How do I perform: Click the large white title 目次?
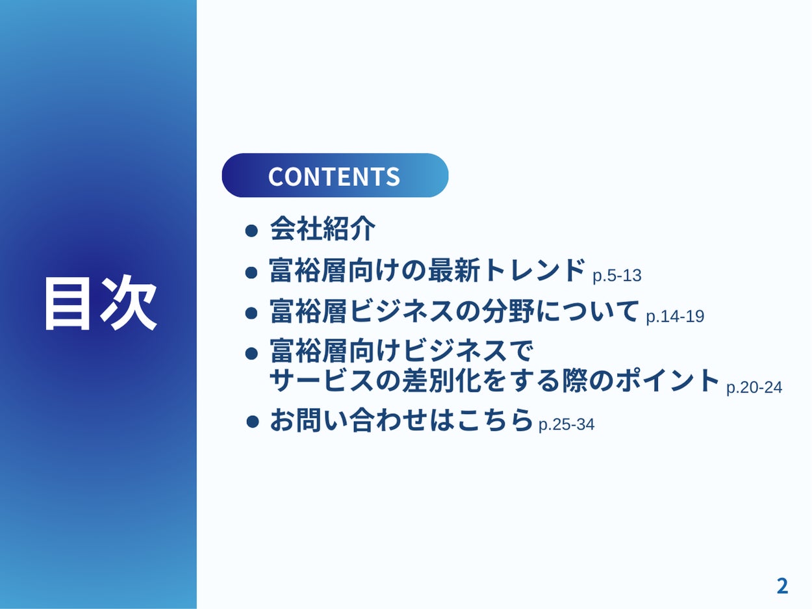click(101, 303)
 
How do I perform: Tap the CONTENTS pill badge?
click(335, 175)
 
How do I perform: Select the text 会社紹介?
click(323, 229)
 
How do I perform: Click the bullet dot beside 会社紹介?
click(251, 231)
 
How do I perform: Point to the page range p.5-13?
click(616, 276)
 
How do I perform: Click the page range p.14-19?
click(675, 317)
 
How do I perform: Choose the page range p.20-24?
click(754, 387)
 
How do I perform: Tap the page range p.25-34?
click(566, 424)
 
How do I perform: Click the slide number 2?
click(782, 586)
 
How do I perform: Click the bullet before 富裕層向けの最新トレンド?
click(251, 273)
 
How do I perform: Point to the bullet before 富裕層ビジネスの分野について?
click(251, 313)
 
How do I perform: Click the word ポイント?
click(668, 380)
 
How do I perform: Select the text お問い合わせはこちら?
click(401, 420)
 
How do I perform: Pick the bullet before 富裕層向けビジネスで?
click(251, 354)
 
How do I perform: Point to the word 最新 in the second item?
click(454, 270)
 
